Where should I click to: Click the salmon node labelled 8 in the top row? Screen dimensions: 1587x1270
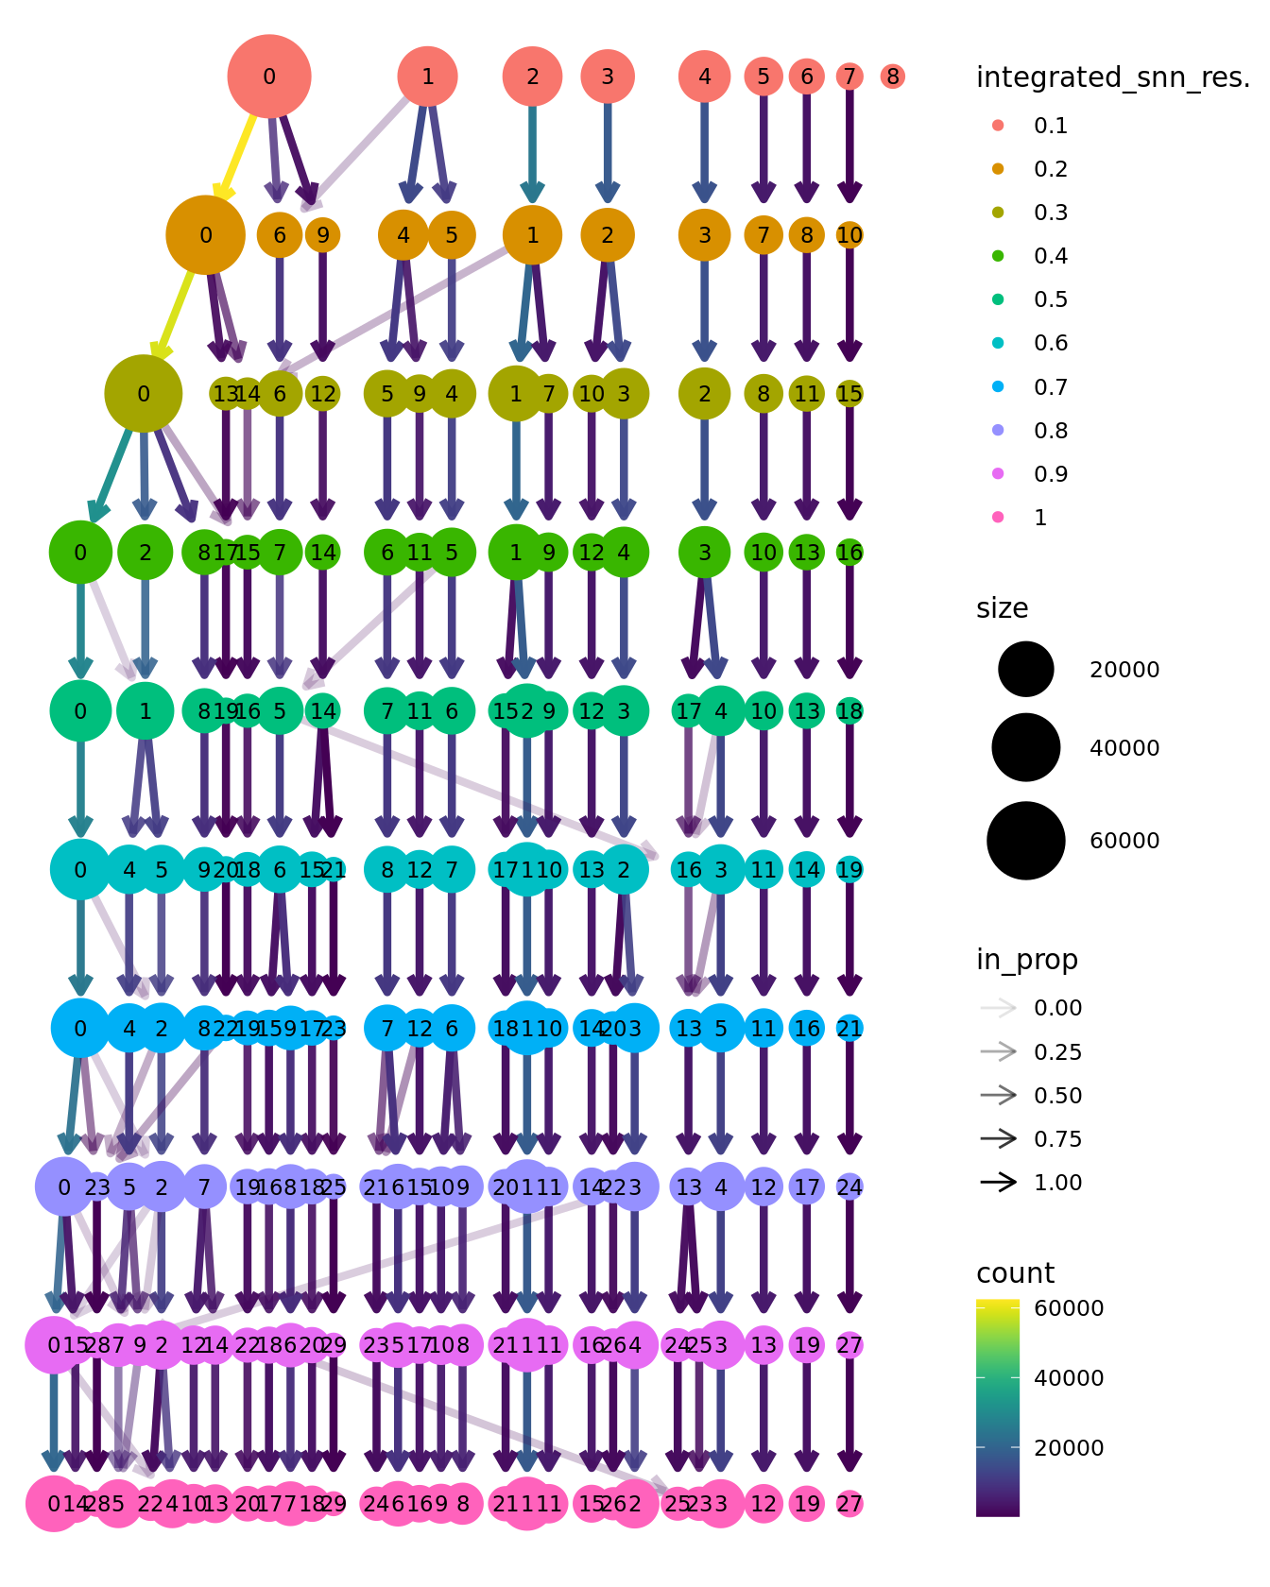892,77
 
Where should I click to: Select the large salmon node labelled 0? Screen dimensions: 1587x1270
269,77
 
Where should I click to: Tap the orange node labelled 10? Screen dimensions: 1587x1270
850,235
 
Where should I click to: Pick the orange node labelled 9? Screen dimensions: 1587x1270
323,235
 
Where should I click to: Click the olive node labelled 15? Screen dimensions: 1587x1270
850,394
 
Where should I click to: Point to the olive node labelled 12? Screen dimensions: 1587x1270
323,394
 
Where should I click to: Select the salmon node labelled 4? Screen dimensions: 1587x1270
704,77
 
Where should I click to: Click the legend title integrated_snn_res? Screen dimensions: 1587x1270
1112,77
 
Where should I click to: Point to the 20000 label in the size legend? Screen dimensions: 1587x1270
1124,670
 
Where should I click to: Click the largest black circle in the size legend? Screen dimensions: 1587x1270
1025,840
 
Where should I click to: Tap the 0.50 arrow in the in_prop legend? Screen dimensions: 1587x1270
999,1096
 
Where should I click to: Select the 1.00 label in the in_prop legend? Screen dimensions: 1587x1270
1057,1183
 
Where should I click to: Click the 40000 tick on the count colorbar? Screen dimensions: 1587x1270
1069,1378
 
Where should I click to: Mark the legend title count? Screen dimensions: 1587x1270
1015,1273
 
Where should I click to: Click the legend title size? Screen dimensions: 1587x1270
1002,608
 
